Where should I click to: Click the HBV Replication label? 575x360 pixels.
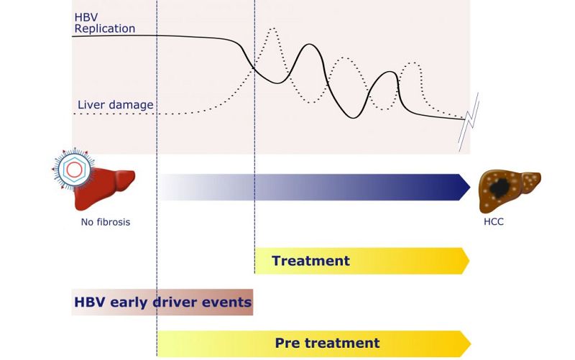(x=105, y=23)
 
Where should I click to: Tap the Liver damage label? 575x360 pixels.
(x=115, y=105)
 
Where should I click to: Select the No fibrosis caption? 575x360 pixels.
(x=106, y=222)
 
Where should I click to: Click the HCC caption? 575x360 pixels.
(x=494, y=222)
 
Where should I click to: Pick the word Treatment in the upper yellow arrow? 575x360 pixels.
(x=310, y=261)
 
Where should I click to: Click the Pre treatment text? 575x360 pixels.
(x=327, y=343)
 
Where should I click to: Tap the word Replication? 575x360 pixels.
(x=105, y=29)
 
